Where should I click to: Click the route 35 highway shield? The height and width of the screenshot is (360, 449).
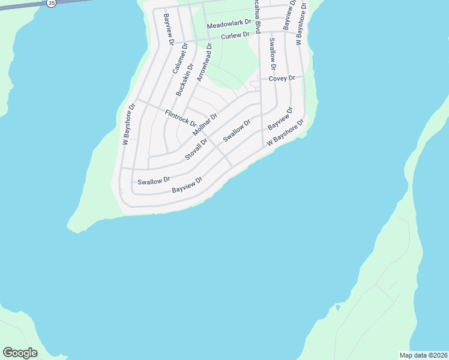[51, 3]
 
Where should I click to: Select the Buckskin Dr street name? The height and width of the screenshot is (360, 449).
[185, 80]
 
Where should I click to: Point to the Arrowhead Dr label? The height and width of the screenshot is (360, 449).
[203, 62]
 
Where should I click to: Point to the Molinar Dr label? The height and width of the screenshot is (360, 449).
[205, 124]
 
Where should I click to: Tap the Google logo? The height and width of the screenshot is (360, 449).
[20, 352]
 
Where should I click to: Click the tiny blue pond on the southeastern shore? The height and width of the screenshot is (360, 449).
[338, 307]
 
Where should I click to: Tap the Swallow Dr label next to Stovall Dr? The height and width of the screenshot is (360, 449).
[235, 130]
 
